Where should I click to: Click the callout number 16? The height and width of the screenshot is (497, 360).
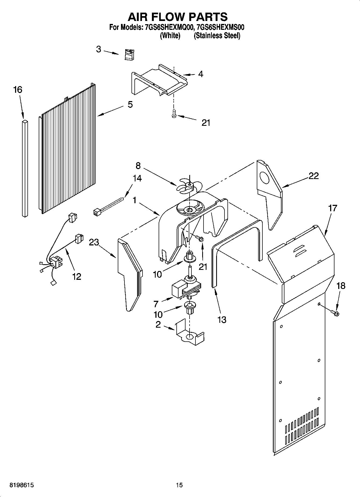point(18,90)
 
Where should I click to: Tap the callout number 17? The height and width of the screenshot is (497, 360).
point(332,208)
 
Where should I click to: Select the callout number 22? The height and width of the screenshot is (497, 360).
point(313,176)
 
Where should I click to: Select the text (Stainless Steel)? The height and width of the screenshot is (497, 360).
point(217,35)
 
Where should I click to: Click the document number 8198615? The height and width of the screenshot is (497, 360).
point(22,485)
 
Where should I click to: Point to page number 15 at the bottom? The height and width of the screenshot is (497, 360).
point(179,485)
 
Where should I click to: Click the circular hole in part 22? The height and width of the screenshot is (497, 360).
point(265,179)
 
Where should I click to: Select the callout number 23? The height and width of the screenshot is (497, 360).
point(94,242)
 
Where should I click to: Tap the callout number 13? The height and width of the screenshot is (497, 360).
point(222,320)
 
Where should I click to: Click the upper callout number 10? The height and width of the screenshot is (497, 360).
point(157,274)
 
